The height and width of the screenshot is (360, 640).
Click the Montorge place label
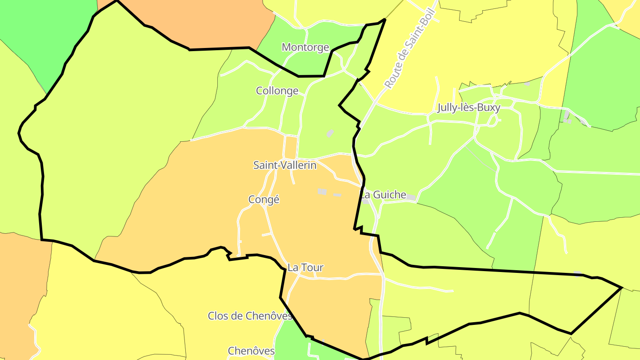(305, 48)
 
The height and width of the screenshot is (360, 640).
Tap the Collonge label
(277, 91)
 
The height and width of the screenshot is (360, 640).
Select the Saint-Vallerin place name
(285, 165)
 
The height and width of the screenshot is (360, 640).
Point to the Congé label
(264, 200)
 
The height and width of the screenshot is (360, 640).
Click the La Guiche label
(383, 195)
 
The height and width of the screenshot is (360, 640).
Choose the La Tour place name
(305, 268)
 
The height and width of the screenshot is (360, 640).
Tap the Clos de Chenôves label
(250, 316)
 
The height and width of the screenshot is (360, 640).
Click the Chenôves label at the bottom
(252, 351)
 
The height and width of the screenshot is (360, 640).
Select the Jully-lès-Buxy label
(469, 108)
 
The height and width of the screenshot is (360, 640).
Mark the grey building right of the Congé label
(322, 192)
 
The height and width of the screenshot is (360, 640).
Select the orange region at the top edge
(209, 22)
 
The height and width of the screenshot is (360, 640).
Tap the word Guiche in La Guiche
(389, 195)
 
